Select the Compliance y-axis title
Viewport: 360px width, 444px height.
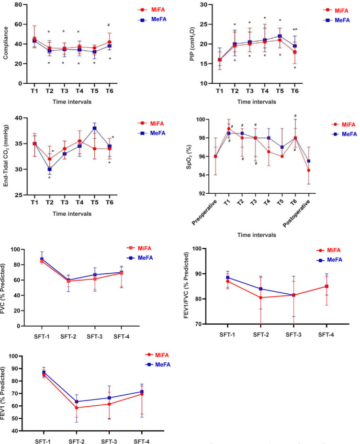point(7,43)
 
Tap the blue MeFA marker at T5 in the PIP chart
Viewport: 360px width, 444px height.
point(280,36)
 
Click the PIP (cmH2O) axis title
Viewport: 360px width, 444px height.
point(191,44)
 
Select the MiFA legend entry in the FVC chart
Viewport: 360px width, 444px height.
point(142,249)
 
